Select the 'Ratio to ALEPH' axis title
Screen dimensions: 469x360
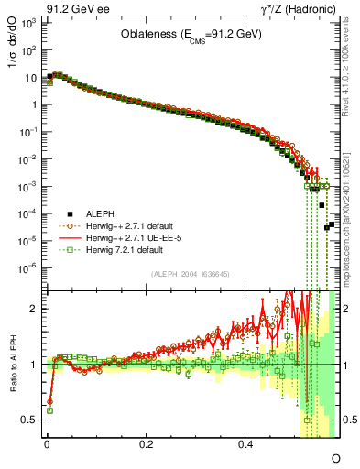pyautogui.click(x=11, y=365)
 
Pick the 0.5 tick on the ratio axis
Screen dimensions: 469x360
pyautogui.click(x=29, y=420)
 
